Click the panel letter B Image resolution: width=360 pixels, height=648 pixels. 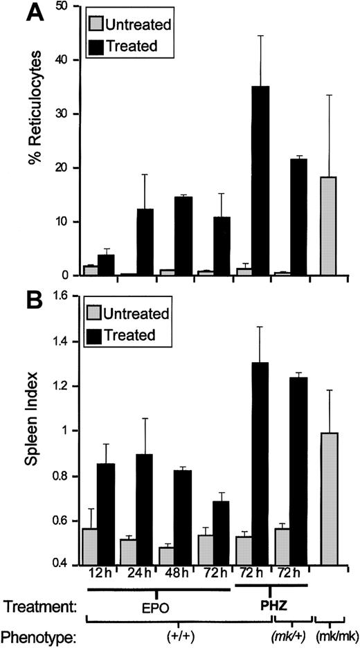pyautogui.click(x=16, y=300)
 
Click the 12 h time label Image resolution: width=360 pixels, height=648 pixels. pyautogui.click(x=97, y=573)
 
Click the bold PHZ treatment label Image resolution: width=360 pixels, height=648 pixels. pyautogui.click(x=269, y=604)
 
